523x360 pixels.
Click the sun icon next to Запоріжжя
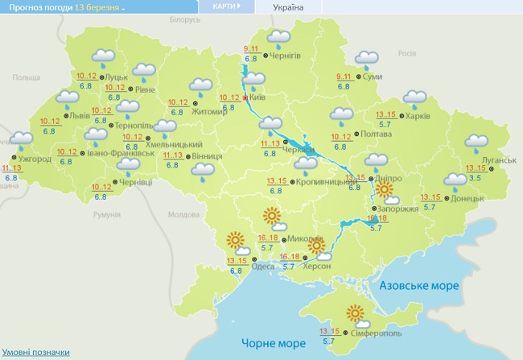pyautogui.click(x=386, y=191)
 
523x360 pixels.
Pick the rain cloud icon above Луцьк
pyautogui.click(x=102, y=56)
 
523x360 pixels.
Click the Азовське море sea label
pyautogui.click(x=419, y=286)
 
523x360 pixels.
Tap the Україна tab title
pyautogui.click(x=288, y=7)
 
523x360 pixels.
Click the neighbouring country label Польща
pyautogui.click(x=26, y=77)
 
